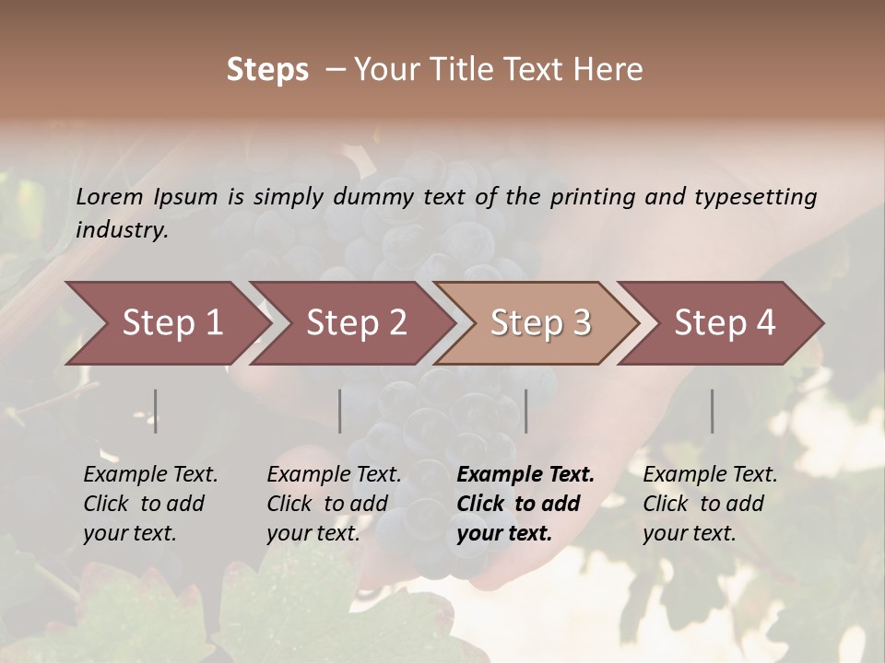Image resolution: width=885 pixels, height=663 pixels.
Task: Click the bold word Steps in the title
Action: pos(267,70)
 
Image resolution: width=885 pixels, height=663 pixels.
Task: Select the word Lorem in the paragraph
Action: pos(110,196)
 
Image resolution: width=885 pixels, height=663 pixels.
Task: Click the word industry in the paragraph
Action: pos(120,229)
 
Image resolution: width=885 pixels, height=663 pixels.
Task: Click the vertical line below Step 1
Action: pos(156,411)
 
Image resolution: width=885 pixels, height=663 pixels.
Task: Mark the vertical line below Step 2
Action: pos(340,411)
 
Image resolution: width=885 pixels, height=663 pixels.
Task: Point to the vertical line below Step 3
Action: pos(526,411)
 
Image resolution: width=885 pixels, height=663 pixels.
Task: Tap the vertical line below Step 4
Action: pos(713,411)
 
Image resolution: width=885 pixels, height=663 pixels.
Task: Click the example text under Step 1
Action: pos(150,504)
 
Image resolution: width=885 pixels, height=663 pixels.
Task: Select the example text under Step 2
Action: pos(334,504)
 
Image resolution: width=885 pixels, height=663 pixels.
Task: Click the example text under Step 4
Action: pos(710,504)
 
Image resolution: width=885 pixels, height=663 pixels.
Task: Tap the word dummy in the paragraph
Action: pos(376,196)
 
